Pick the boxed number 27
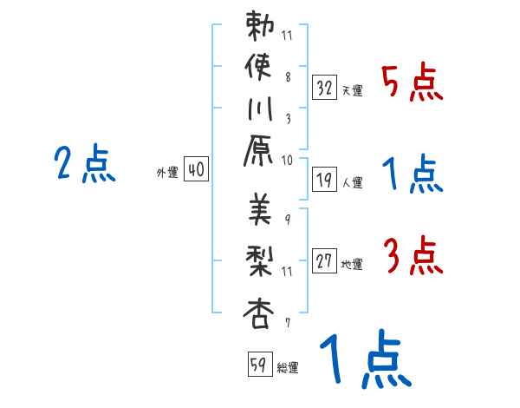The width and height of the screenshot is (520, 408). click(x=325, y=260)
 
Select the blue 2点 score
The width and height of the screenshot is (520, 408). click(x=85, y=165)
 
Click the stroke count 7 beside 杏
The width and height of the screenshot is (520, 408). click(x=287, y=323)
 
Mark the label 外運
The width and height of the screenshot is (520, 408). click(x=167, y=173)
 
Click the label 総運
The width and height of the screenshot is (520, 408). click(x=288, y=368)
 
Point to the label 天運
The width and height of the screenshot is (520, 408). click(x=353, y=89)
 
